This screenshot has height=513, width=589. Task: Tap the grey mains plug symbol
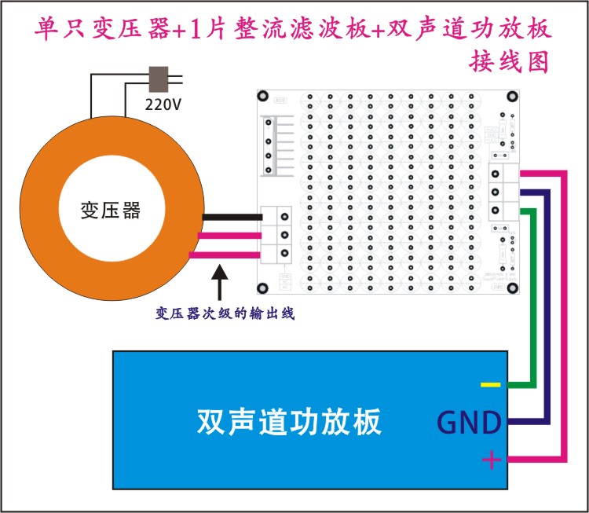159,79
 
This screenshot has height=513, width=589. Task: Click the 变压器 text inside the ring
111,210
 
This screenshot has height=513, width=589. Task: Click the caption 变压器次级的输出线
218,313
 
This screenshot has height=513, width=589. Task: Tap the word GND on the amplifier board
469,423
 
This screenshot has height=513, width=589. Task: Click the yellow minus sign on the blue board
490,385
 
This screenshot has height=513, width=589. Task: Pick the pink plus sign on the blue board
491,459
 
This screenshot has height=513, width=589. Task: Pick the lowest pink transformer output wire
232,253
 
